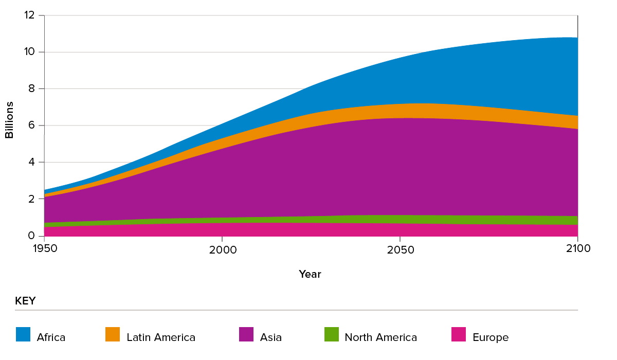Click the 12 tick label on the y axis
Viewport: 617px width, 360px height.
(29, 15)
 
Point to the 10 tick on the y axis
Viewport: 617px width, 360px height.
(29, 52)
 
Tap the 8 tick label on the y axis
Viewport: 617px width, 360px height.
(31, 89)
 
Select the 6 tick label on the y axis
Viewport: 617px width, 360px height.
(31, 125)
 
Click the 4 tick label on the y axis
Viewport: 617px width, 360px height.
(31, 163)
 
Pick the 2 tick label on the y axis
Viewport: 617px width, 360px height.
(31, 199)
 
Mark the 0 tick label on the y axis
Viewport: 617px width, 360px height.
(31, 236)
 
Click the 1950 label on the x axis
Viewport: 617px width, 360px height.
(44, 249)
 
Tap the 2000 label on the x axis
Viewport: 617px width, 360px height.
(222, 249)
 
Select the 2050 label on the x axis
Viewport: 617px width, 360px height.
(400, 249)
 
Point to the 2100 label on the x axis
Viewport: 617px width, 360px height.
(577, 249)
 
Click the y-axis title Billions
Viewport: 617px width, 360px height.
(9, 120)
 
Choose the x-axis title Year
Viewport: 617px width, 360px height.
(310, 274)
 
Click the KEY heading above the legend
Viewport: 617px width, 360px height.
(25, 301)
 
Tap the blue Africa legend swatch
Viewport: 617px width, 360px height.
(23, 335)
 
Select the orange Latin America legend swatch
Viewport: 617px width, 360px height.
(113, 335)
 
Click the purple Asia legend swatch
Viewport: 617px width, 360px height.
(246, 335)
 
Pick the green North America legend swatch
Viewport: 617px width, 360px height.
(331, 335)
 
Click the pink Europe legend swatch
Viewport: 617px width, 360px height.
(459, 335)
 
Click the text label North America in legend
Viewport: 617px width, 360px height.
(380, 338)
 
